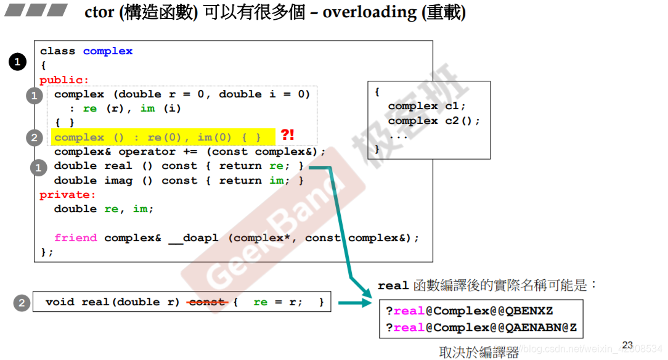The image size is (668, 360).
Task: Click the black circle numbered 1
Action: (x=17, y=62)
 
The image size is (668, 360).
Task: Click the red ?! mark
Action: (x=287, y=135)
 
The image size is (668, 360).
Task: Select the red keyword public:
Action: (x=64, y=80)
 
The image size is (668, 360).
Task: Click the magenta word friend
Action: (x=75, y=238)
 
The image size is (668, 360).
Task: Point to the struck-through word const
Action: (x=206, y=302)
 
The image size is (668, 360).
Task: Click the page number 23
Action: (x=628, y=345)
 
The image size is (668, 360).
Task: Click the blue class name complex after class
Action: (x=108, y=51)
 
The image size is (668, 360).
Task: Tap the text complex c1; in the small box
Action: (x=426, y=106)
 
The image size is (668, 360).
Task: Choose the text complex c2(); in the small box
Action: (x=433, y=121)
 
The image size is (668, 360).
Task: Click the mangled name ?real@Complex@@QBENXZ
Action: (x=469, y=311)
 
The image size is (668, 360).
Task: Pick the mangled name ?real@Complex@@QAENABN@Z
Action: (x=481, y=327)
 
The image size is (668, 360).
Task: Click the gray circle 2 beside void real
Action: (x=22, y=303)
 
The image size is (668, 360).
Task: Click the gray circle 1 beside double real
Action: (x=39, y=167)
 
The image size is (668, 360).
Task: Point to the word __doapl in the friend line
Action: (x=193, y=238)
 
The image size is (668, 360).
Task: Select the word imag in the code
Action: (x=118, y=181)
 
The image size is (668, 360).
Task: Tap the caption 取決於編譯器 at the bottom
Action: (x=479, y=353)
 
